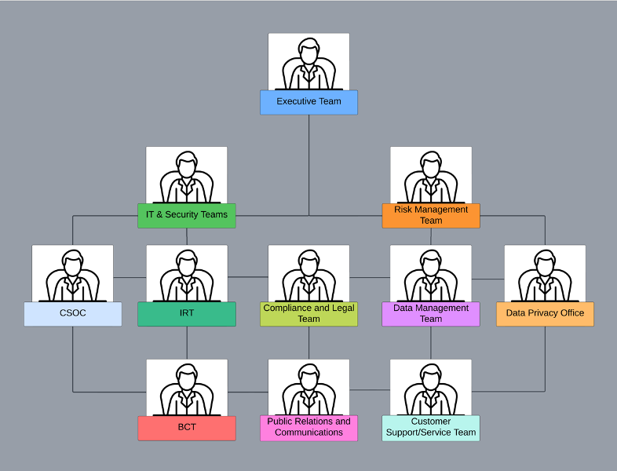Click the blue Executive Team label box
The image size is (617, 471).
(x=309, y=102)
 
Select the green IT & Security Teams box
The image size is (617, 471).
(x=187, y=216)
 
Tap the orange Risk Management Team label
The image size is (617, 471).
(x=431, y=216)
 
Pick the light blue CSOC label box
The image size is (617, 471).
(x=73, y=314)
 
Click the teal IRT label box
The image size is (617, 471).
(x=187, y=314)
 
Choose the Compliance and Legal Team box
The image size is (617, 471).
(x=309, y=314)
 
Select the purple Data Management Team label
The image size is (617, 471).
(x=431, y=314)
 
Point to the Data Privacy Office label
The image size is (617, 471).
(x=545, y=314)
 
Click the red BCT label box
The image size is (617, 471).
(x=187, y=428)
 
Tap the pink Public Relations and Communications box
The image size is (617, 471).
(x=309, y=428)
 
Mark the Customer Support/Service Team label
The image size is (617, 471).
(x=431, y=428)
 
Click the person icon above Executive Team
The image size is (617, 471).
(x=309, y=64)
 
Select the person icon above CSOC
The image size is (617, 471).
(x=73, y=276)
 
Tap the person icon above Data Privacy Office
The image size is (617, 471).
(x=545, y=276)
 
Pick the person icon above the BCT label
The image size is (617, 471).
(x=187, y=389)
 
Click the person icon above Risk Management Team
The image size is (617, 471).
(x=431, y=177)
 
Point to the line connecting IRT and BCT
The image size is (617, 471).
(x=187, y=343)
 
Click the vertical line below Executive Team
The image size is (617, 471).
(x=309, y=166)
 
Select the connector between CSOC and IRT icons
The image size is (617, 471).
(x=130, y=277)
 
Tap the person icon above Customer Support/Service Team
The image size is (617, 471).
(x=431, y=389)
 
